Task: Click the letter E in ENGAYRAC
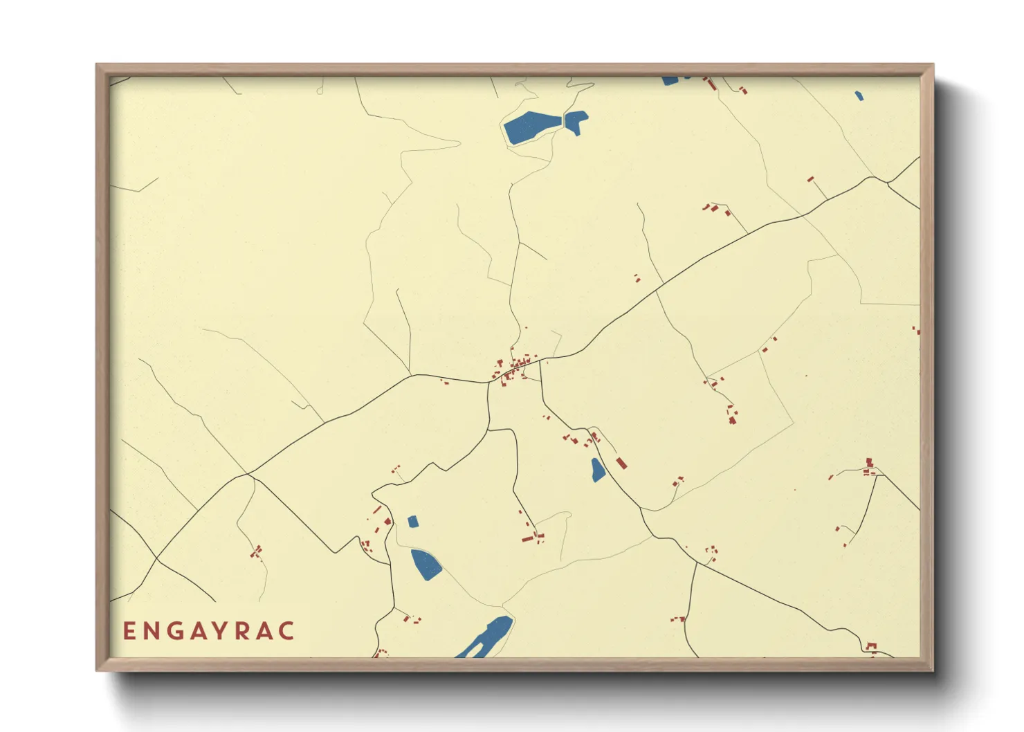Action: click(x=129, y=631)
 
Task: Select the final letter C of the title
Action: click(x=287, y=631)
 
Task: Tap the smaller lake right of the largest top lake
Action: click(x=576, y=121)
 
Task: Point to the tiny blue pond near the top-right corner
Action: click(x=859, y=96)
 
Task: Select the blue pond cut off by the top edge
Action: click(x=670, y=81)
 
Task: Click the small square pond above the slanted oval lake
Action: click(x=413, y=522)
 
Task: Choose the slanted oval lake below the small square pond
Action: click(x=426, y=564)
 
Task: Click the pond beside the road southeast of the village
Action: click(x=598, y=470)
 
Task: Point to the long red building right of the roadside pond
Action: click(x=621, y=463)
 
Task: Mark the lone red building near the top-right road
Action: click(x=811, y=179)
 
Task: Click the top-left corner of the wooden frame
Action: click(x=97, y=65)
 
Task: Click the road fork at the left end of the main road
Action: click(x=247, y=475)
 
